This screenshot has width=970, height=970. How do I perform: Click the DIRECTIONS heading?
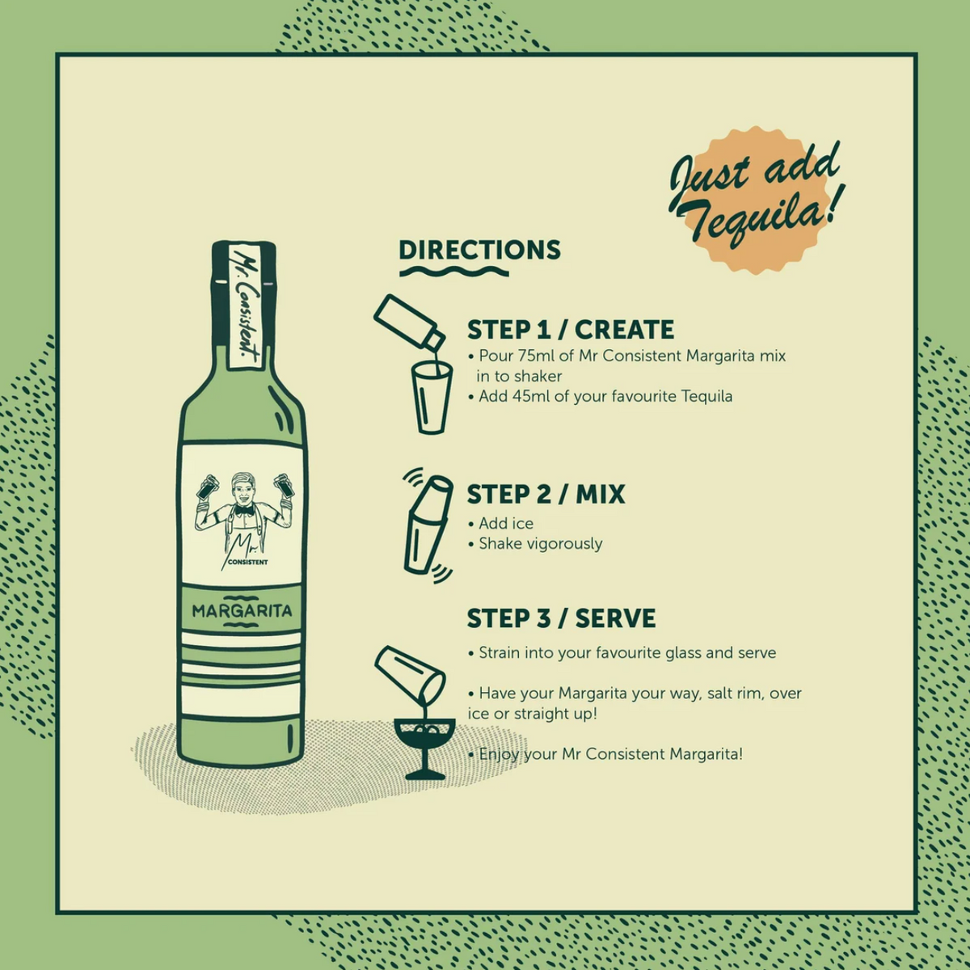(479, 250)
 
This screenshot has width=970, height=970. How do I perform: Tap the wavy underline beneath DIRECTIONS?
(454, 272)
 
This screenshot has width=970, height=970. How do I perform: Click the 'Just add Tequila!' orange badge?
(755, 200)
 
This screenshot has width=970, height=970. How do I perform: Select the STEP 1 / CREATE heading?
(571, 330)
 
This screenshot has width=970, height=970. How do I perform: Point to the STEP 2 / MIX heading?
(546, 495)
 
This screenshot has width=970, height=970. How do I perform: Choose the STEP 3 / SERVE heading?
(561, 618)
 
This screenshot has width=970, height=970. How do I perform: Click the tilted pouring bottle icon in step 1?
(410, 323)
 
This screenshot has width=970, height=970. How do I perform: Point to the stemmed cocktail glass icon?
(425, 749)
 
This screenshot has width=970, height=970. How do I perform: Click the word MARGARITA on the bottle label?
(242, 611)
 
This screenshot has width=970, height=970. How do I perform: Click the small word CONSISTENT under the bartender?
(247, 563)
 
